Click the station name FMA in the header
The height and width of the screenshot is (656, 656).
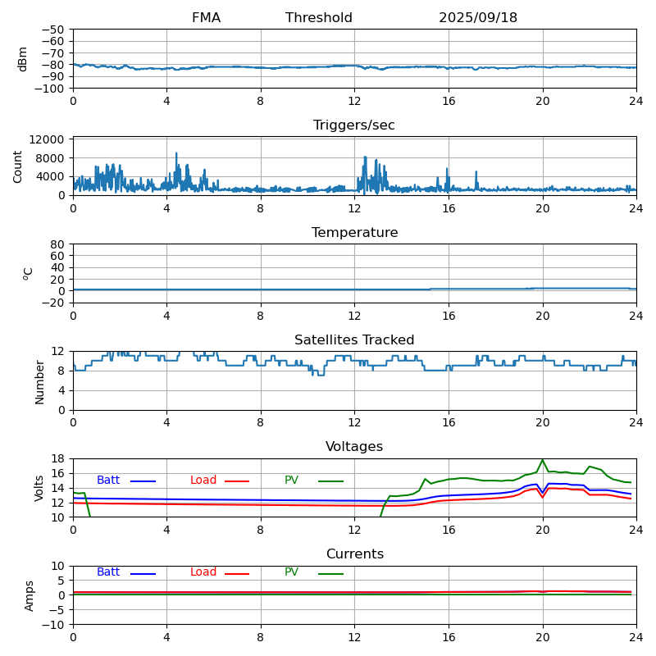(206, 18)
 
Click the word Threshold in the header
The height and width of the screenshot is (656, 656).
(319, 18)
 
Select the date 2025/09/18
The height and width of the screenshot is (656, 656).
(478, 18)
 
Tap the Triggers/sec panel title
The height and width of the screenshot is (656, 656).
(354, 125)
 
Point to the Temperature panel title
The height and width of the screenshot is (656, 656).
(354, 233)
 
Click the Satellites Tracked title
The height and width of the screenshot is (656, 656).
(354, 340)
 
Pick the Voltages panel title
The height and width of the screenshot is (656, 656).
(354, 447)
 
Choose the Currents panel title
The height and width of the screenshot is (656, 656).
(354, 554)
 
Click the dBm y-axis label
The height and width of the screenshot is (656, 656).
(23, 59)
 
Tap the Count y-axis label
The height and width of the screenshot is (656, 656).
(18, 166)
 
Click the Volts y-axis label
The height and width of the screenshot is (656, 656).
(39, 488)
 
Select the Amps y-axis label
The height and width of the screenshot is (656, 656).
(30, 595)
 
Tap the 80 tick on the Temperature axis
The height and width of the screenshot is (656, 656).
(58, 244)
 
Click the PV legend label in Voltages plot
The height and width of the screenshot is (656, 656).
(292, 481)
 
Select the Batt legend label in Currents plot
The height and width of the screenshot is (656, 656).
(108, 572)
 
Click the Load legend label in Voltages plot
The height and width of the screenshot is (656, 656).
(203, 481)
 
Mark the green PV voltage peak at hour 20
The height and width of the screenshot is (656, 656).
(542, 460)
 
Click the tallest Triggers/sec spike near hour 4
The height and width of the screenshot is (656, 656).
(175, 153)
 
